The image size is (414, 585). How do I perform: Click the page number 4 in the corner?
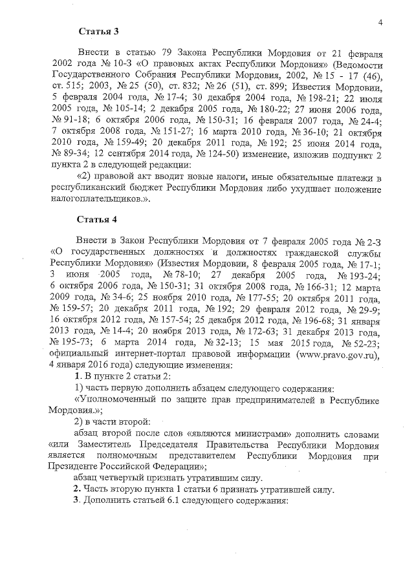(381, 24)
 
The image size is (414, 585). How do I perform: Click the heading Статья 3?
(98, 31)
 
